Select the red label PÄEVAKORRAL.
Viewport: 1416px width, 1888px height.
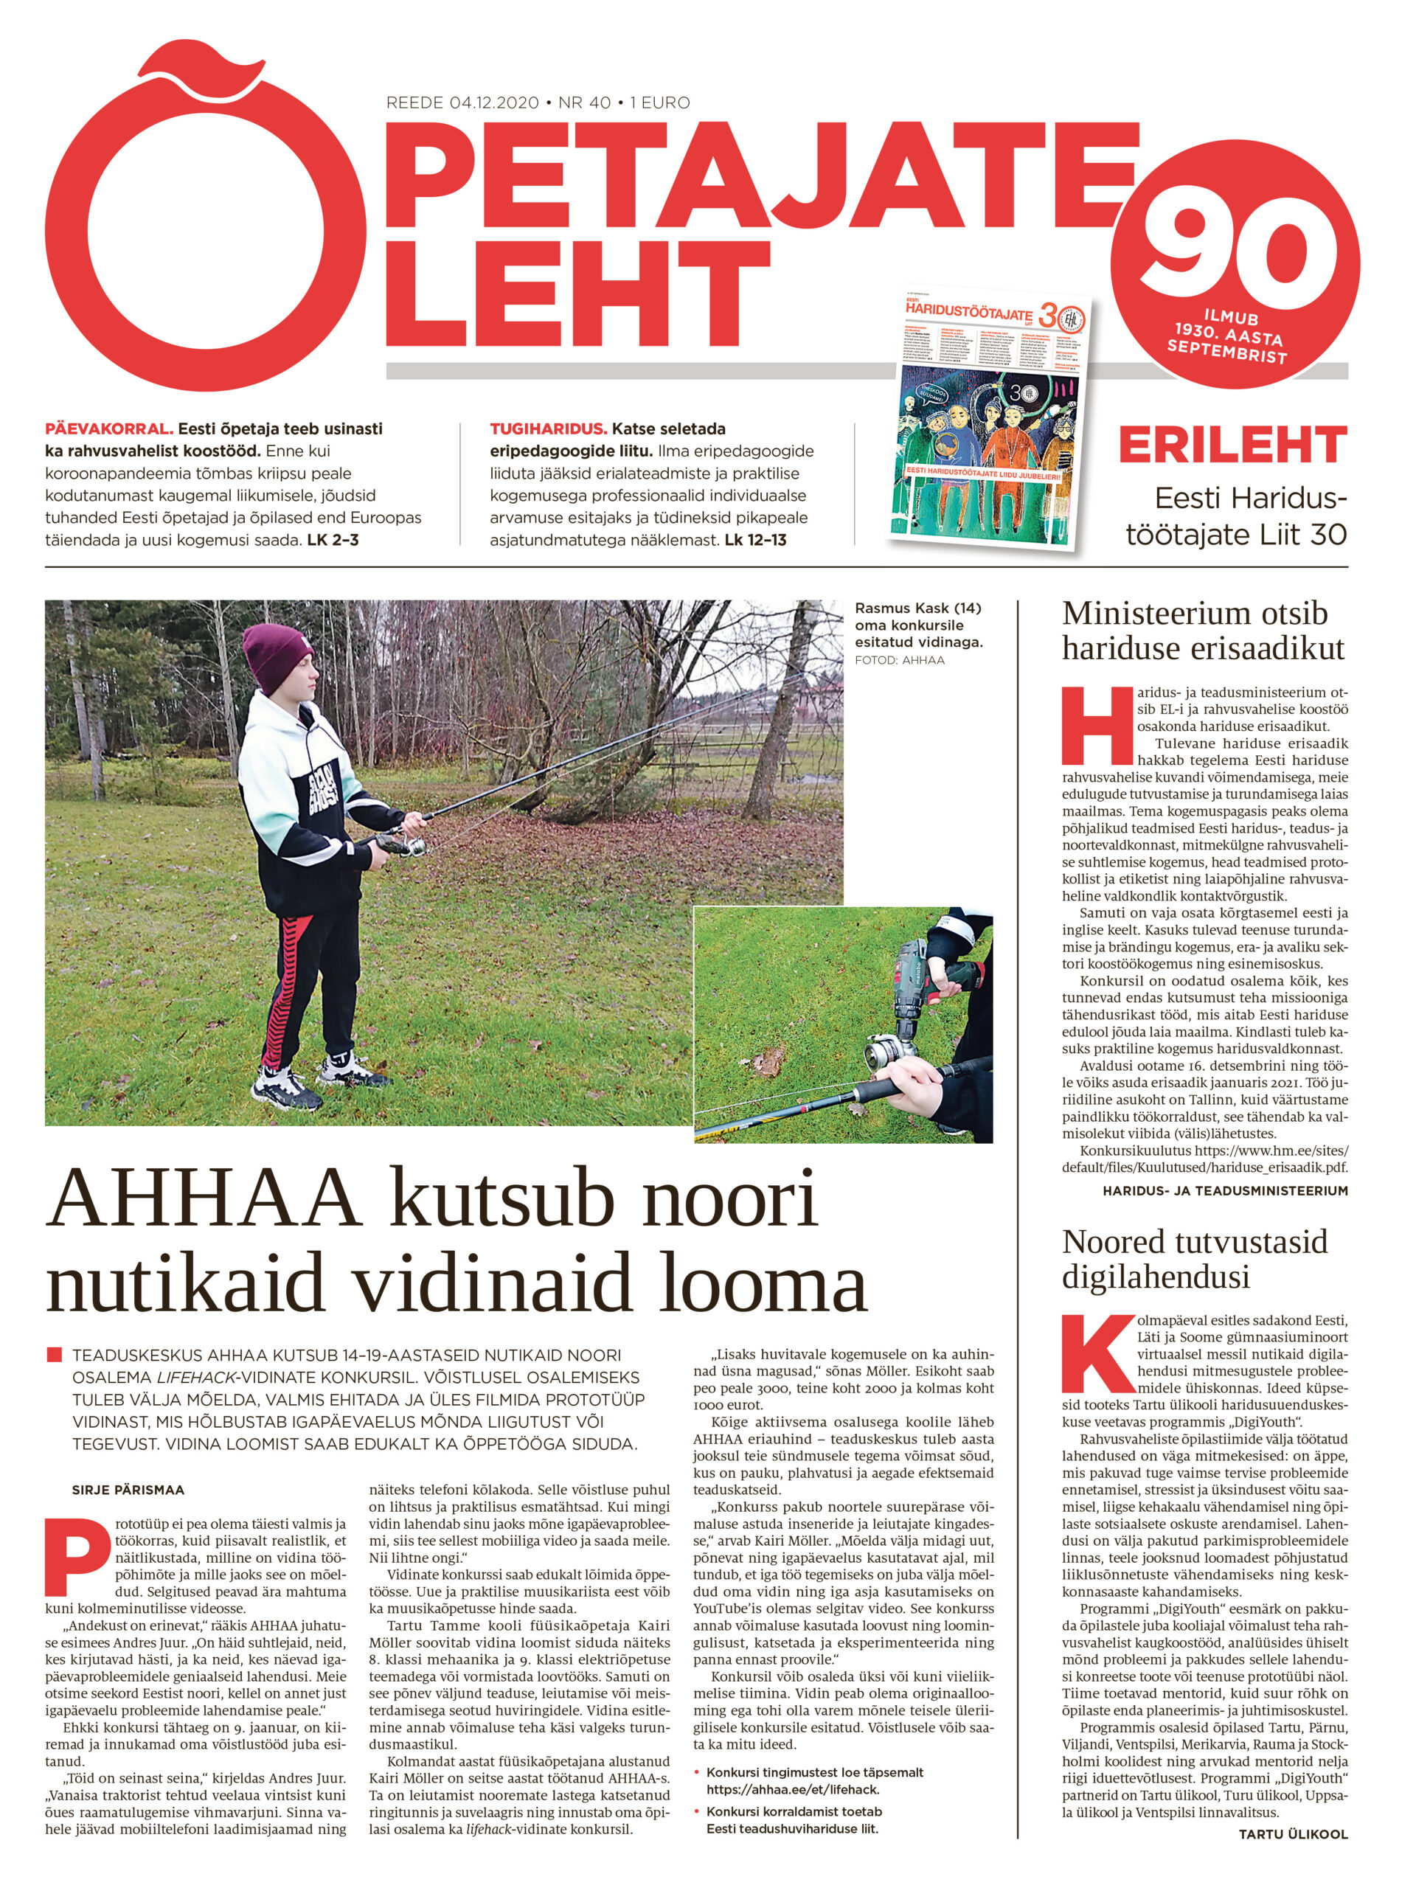pyautogui.click(x=109, y=428)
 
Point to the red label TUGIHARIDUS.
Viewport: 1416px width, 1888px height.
pyautogui.click(x=548, y=428)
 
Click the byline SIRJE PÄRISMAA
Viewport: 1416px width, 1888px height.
pyautogui.click(x=128, y=1490)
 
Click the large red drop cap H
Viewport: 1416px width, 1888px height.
pyautogui.click(x=1097, y=726)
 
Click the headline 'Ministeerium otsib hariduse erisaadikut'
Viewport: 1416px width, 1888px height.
pyautogui.click(x=1203, y=631)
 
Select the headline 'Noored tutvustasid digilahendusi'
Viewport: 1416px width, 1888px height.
pyautogui.click(x=1195, y=1259)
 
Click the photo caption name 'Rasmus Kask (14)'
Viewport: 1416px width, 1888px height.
pyautogui.click(x=917, y=608)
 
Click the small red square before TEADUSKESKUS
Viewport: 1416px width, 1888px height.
pyautogui.click(x=55, y=1356)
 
